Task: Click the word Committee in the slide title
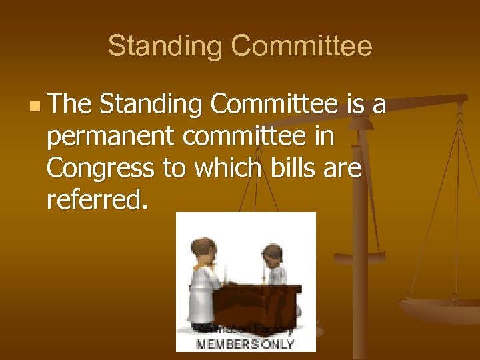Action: point(301,47)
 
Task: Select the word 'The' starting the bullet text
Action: point(70,105)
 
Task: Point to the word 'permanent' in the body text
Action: point(111,137)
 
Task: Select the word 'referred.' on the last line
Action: point(98,200)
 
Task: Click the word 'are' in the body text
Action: point(341,169)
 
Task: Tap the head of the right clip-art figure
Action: point(271,254)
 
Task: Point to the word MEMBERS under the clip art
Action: point(227,344)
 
